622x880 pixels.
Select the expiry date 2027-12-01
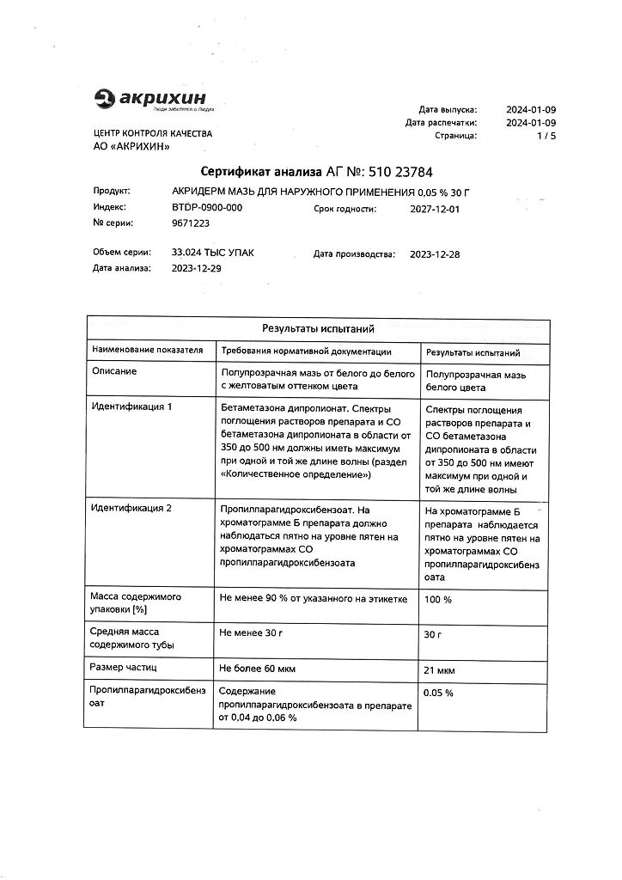tap(435, 208)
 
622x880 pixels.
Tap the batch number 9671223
tap(190, 223)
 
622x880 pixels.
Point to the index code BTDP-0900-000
tap(207, 208)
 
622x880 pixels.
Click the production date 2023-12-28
tap(435, 254)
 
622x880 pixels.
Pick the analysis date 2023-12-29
tap(197, 269)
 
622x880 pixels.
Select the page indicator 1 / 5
tap(546, 136)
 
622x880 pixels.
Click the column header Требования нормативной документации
tap(306, 351)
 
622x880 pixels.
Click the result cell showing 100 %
tap(439, 598)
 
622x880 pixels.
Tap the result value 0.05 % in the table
tap(439, 693)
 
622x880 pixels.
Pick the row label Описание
tap(114, 371)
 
